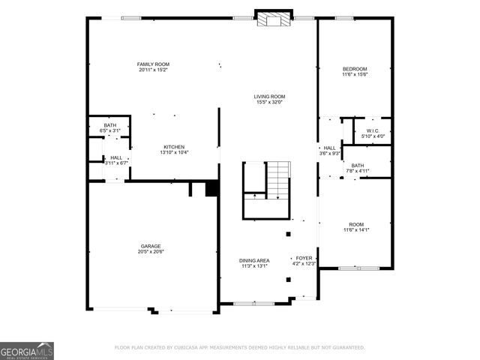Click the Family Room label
tap(152, 64)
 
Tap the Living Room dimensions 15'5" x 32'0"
tap(268, 102)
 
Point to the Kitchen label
tap(174, 147)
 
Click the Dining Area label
tap(255, 260)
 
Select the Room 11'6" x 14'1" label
tap(355, 224)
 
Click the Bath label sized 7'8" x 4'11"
tap(357, 166)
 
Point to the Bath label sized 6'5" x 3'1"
tap(110, 125)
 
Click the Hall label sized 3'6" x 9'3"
tap(329, 148)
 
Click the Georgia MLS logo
tap(27, 351)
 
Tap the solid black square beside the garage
tap(211, 188)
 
